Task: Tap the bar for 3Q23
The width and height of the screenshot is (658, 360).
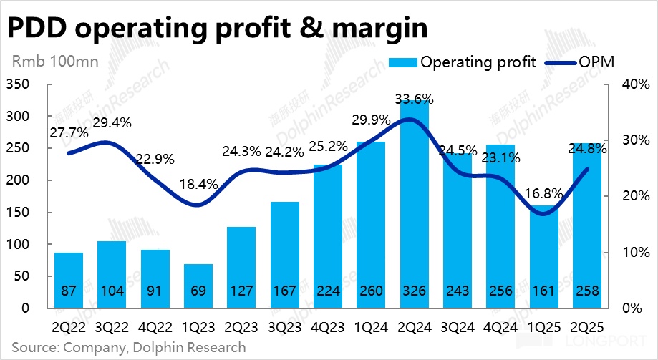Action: coord(284,250)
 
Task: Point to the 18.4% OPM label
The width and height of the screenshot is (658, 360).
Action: coord(198,185)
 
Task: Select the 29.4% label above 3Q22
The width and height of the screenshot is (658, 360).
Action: coord(112,122)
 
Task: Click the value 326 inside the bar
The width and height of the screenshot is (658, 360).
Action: coord(413,292)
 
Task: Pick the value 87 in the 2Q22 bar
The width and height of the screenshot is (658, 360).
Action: coord(69,292)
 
